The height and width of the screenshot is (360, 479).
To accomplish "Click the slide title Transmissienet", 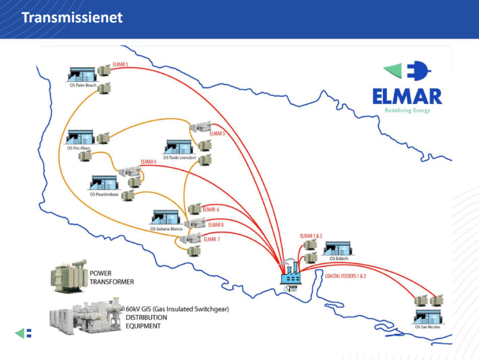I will (x=72, y=18).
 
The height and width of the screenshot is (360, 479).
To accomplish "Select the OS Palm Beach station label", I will (x=83, y=85).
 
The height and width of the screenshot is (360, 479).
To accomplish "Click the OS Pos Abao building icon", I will (x=80, y=138).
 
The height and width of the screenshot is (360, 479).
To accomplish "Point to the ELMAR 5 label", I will (x=217, y=134).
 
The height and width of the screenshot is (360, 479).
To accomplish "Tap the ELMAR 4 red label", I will (x=148, y=162).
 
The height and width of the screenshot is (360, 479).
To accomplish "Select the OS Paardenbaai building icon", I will (x=104, y=183).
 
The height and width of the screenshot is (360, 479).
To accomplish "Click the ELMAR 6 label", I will (x=210, y=209).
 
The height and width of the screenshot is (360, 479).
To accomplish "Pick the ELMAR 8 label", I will (x=215, y=225).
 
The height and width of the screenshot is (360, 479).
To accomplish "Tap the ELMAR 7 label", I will (x=212, y=239).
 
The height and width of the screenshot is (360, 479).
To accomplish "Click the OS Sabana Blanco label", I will (x=166, y=229).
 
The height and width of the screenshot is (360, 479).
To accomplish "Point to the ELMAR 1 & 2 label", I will (x=311, y=236).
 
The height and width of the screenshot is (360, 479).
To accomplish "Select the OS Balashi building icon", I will (x=338, y=249).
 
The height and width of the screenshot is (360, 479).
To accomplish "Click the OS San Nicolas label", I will (x=428, y=327).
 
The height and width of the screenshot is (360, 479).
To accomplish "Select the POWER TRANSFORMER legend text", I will (x=111, y=278).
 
